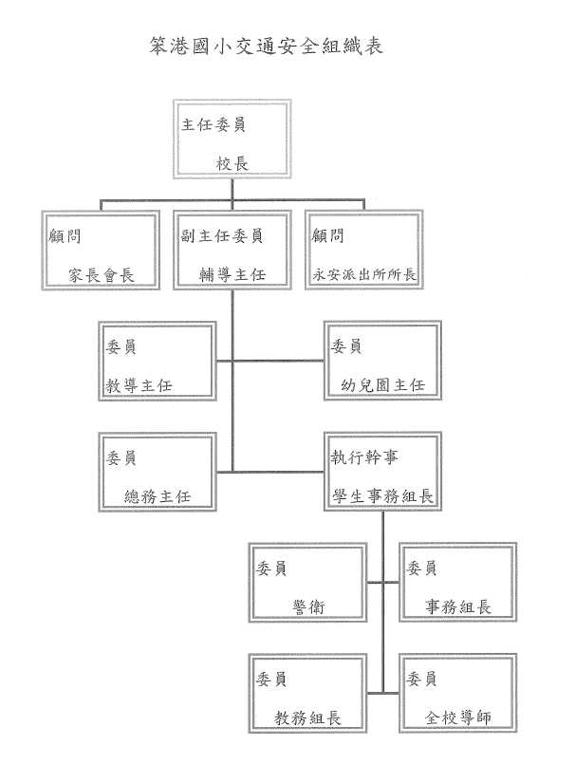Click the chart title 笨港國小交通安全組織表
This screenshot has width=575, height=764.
pos(266,46)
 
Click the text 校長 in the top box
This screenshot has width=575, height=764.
pos(232,163)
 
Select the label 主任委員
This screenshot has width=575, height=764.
pos(213,124)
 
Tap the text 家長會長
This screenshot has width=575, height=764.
pos(102,275)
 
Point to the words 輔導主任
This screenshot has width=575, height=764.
pos(232,275)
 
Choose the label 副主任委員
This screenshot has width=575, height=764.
pos(222,235)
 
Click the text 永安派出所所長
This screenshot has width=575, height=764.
pos(364,275)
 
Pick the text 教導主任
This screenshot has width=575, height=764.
pos(139,386)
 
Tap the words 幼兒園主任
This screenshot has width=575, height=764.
pos(383,385)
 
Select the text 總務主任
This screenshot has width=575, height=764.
pos(158,496)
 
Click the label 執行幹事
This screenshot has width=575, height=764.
pos(364,457)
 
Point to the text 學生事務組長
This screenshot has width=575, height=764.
pos(383,496)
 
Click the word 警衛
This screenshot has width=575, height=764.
pos(308,607)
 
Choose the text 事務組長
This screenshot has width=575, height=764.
pos(458,606)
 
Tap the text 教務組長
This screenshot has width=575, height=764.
pos(307,717)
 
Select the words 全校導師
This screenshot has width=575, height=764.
pos(458,717)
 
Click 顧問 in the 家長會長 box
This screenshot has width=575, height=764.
pos(65,236)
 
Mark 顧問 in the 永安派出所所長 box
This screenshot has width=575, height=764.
pos(328,235)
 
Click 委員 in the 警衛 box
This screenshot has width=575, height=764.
pos(271,568)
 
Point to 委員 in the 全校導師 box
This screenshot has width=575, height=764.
pos(421,679)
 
